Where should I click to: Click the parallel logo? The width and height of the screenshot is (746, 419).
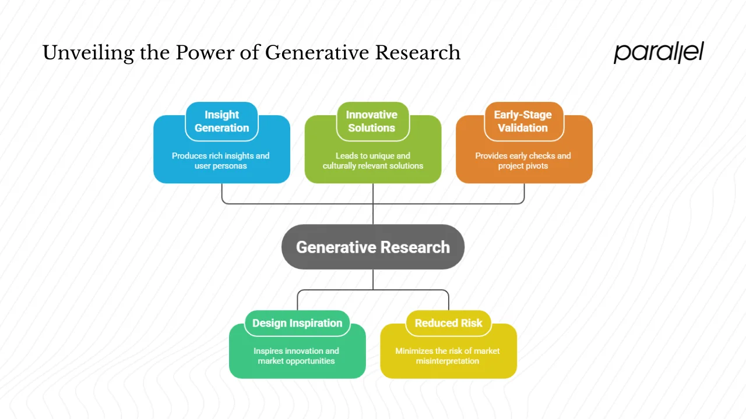point(659,52)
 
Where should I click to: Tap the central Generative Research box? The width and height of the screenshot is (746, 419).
point(373,247)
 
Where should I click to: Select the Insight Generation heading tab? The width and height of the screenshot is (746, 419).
point(221,121)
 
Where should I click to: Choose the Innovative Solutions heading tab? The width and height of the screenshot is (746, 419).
point(372,121)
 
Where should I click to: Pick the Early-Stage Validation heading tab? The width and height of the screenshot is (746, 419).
point(523,121)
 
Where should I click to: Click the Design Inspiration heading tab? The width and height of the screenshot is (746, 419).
point(297,323)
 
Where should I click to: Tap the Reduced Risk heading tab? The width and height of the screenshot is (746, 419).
point(448,323)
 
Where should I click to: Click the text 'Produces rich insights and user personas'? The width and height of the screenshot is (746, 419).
point(221,161)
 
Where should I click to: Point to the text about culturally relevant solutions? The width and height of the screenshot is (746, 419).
point(373,161)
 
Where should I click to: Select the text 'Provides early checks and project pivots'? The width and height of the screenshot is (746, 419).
point(523,161)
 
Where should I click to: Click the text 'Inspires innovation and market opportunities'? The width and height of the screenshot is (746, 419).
point(296,356)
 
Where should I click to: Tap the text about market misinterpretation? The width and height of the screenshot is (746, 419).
point(448,356)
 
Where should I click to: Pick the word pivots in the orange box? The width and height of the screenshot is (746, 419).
point(536,166)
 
